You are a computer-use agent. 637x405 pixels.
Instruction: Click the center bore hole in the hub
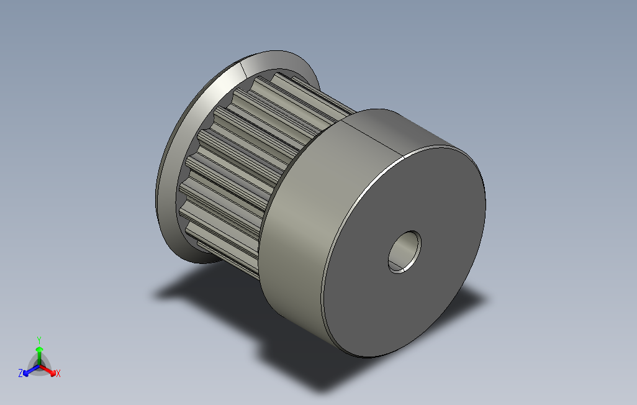[x=404, y=252]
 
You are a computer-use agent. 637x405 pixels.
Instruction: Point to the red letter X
[x=58, y=373]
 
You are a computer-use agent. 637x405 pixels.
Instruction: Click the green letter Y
[x=39, y=340]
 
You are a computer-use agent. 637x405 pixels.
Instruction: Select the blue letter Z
[x=20, y=373]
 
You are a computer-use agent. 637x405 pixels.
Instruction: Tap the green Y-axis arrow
[x=39, y=356]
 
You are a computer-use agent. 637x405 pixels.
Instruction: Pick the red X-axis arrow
[x=48, y=370]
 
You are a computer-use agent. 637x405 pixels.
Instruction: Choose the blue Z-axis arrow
[x=31, y=370]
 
